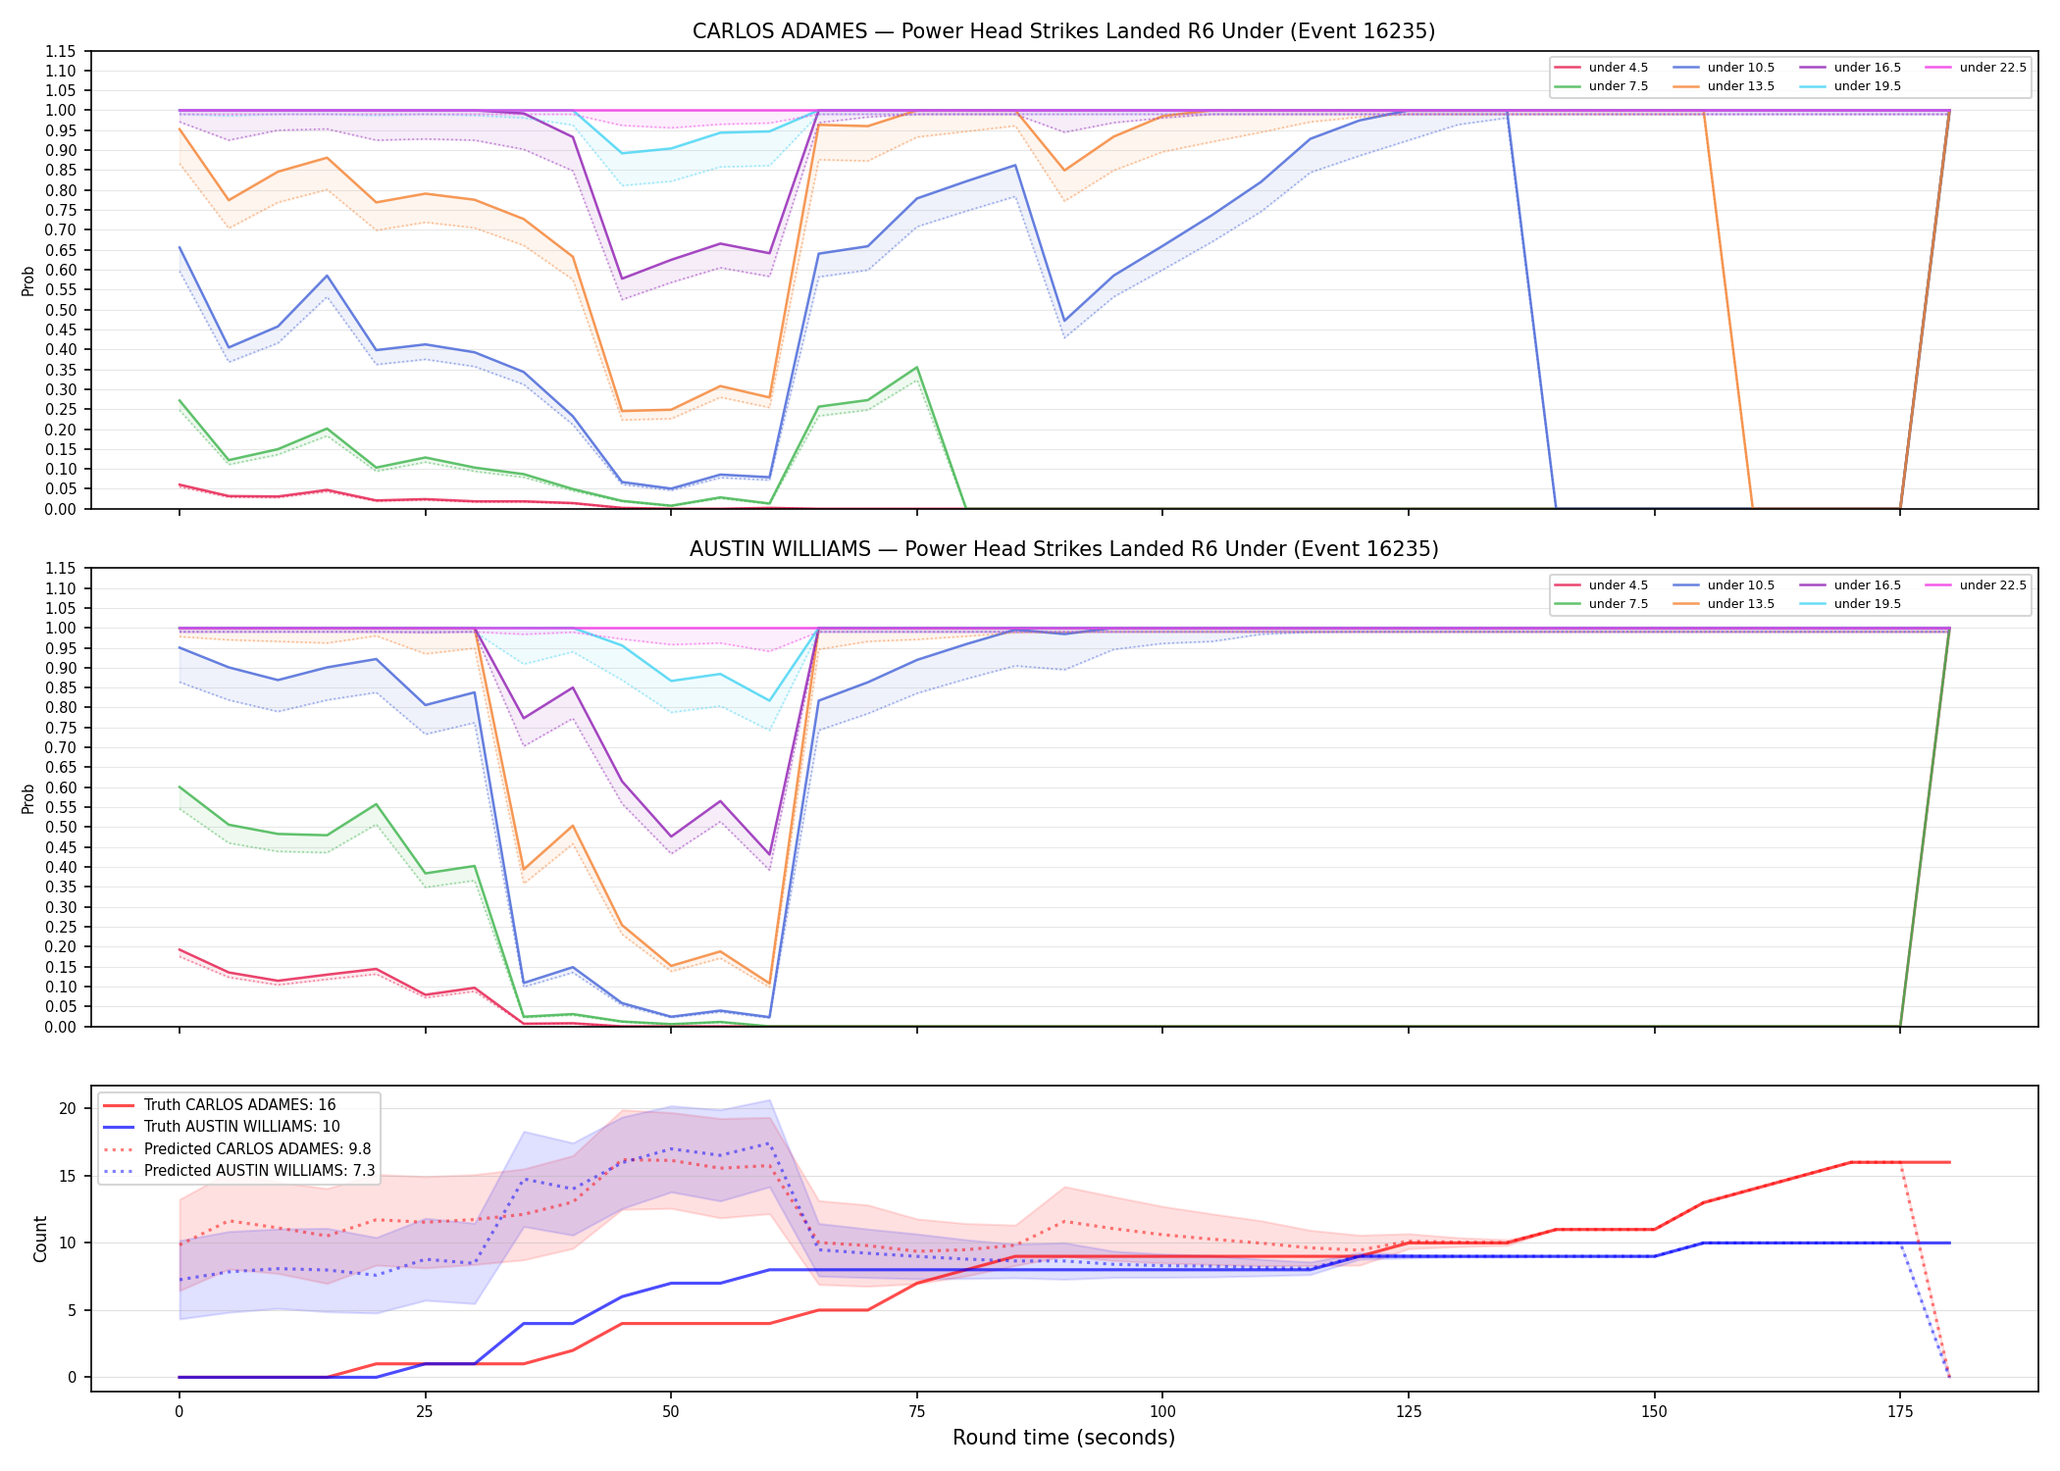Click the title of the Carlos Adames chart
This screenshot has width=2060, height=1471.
click(x=1063, y=31)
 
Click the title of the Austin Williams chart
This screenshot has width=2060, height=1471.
click(x=1063, y=549)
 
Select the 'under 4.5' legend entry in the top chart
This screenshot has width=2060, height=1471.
click(x=1602, y=68)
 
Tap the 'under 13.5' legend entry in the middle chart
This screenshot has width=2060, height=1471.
click(x=1725, y=604)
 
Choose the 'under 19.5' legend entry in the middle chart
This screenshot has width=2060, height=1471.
click(x=1851, y=604)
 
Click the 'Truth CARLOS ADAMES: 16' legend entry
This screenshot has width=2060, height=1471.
click(x=220, y=1105)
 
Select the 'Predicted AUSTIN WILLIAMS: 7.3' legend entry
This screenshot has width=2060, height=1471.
click(x=239, y=1171)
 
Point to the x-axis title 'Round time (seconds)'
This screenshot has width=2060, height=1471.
click(x=1063, y=1438)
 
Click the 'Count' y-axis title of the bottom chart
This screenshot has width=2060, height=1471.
click(x=40, y=1239)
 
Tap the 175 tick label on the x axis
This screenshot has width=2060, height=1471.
click(x=1900, y=1412)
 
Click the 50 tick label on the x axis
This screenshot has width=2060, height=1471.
click(x=670, y=1412)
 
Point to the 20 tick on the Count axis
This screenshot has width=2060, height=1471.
click(x=68, y=1109)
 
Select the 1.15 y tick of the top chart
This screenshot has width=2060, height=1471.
click(x=61, y=51)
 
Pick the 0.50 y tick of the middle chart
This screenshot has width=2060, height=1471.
click(x=61, y=828)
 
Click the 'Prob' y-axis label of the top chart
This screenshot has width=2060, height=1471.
click(x=28, y=281)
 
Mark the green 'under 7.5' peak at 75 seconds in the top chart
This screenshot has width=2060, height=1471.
click(x=916, y=368)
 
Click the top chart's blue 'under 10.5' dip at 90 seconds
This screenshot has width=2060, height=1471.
click(x=1064, y=322)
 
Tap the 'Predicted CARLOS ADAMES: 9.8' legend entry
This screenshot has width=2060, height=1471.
click(x=237, y=1149)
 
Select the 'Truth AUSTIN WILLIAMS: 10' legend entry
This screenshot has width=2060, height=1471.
click(x=222, y=1127)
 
